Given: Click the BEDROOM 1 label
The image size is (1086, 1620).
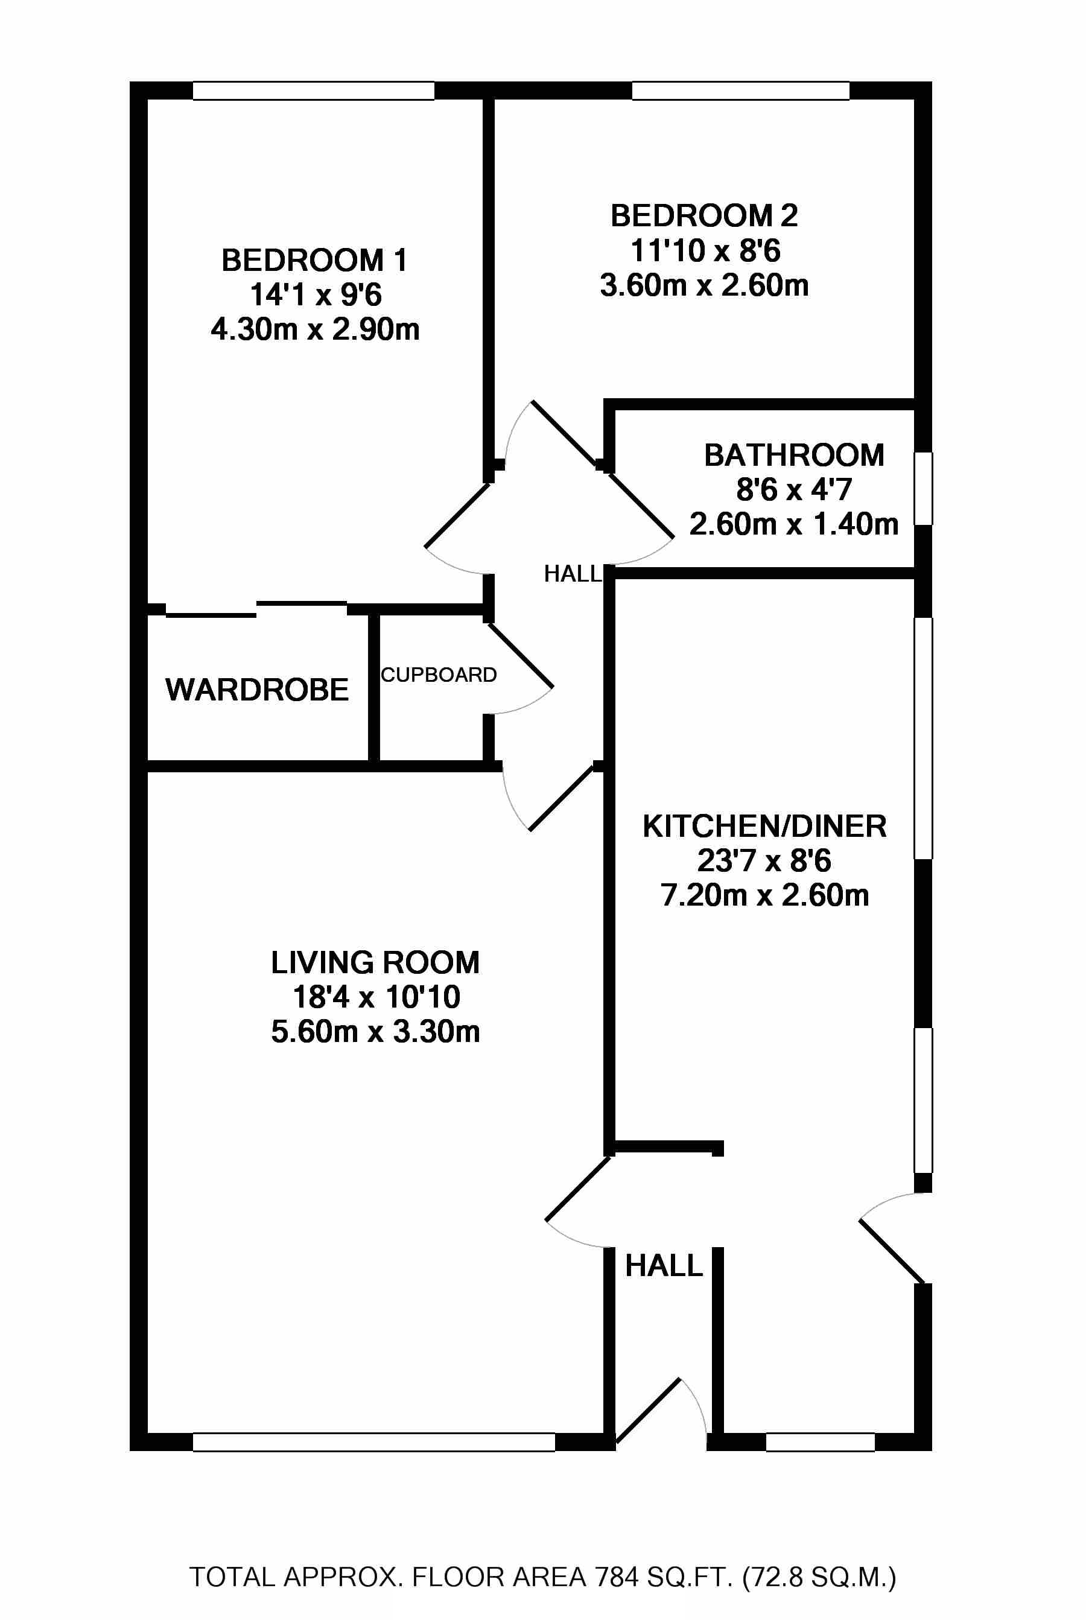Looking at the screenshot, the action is point(314,261).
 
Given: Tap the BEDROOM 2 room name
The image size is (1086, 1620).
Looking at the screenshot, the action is point(703,216).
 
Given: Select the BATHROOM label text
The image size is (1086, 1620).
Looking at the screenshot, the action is point(794,456).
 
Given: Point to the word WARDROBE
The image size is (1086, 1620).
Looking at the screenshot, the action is point(257,690).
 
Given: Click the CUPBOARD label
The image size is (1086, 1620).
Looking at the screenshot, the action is point(439,675).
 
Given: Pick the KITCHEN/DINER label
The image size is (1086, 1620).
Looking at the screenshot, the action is point(764,826).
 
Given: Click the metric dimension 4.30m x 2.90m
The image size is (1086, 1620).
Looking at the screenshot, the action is point(315,329).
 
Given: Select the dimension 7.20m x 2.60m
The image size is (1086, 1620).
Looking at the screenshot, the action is point(764,895).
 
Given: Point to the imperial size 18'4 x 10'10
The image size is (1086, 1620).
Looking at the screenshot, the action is point(376,997).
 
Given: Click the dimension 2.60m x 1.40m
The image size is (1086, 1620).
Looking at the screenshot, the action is point(794,524).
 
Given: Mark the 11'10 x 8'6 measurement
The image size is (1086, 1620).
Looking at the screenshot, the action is point(705,251).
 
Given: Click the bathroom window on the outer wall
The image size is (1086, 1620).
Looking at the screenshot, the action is point(923,488).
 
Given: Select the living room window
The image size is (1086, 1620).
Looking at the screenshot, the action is point(374,1442).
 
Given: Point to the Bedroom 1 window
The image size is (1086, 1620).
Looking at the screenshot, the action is point(313,91).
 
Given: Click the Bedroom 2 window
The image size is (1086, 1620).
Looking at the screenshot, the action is point(740,91).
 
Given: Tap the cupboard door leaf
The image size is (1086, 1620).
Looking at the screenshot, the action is point(521,656).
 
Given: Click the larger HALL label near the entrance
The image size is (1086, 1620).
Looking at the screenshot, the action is point(664,1266).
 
